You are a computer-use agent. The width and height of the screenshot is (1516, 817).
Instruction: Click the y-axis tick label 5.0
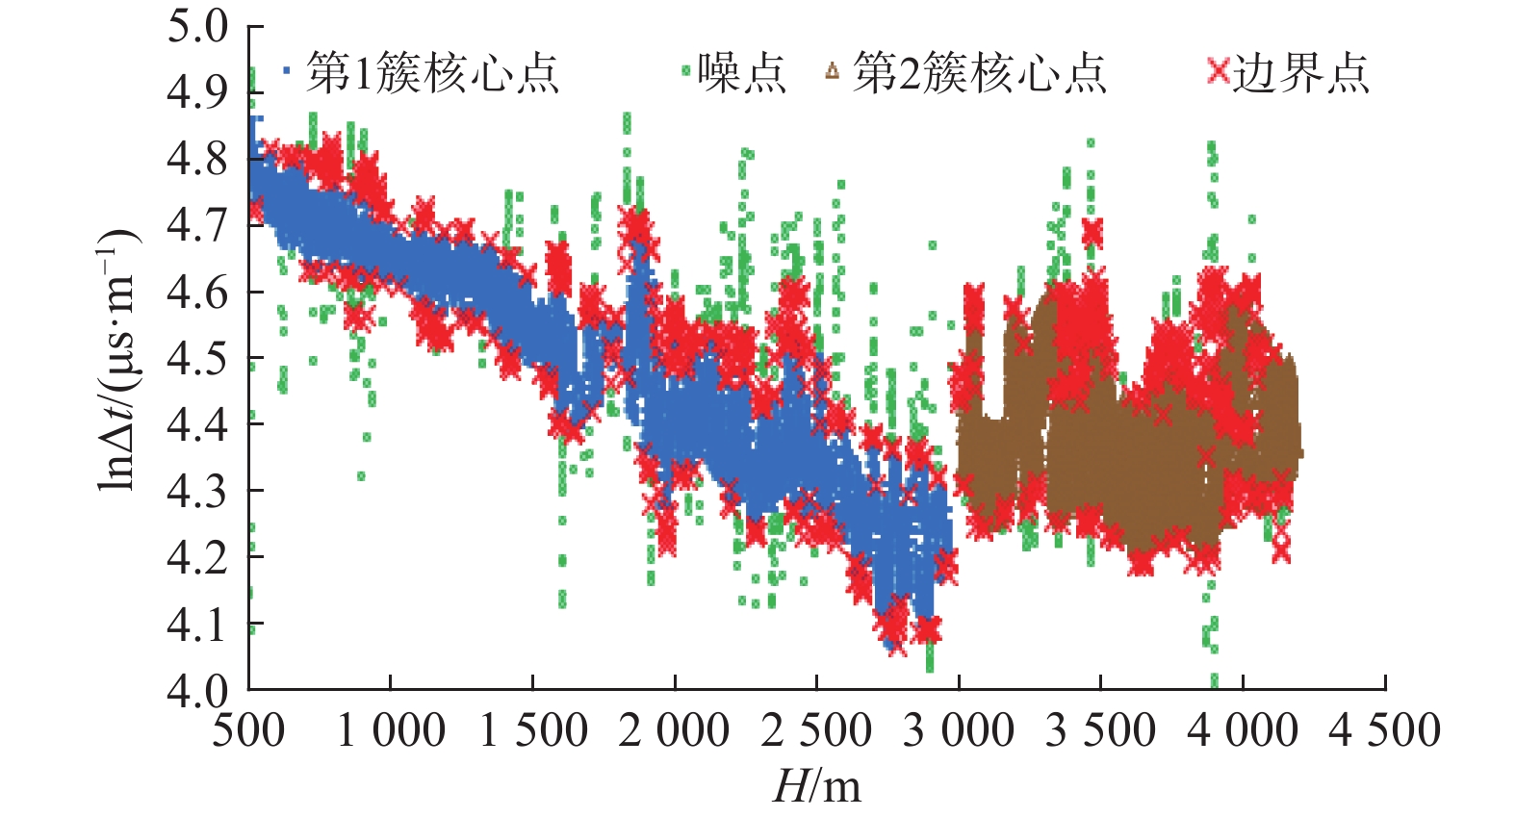pos(197,27)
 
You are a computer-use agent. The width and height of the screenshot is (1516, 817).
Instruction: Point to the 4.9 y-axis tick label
pos(197,93)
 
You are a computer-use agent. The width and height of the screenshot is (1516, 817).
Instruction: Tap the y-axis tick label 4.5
pos(197,358)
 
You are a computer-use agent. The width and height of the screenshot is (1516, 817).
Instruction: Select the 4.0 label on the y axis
pos(197,690)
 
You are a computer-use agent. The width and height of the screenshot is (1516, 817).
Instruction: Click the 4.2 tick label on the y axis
pos(197,557)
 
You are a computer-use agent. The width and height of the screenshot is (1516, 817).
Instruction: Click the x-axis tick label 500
pos(248,731)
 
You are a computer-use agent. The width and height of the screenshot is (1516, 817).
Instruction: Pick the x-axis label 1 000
pos(390,731)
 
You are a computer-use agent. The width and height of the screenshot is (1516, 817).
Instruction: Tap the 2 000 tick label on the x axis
pos(674,731)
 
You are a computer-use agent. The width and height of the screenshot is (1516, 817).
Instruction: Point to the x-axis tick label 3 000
pos(959,731)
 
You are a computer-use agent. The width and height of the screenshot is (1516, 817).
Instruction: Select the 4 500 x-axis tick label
pos(1385,731)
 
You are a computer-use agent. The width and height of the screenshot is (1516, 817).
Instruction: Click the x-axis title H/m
pos(816,786)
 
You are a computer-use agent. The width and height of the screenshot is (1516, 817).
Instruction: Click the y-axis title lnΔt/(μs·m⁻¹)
pos(117,358)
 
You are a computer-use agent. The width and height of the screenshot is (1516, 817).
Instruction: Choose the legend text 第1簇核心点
pos(432,73)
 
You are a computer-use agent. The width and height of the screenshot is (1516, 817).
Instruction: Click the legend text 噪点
pos(742,73)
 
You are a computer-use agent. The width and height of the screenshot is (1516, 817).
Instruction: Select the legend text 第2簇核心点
pos(980,73)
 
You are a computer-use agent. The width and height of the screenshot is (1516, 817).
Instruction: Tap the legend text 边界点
pos(1301,73)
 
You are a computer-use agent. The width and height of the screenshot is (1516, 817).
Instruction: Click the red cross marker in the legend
pos(1219,71)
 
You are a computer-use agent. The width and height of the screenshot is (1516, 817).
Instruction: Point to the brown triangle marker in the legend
pos(833,71)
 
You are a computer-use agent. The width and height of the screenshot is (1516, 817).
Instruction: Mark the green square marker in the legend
pos(686,70)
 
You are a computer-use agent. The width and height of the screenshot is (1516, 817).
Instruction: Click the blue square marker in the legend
pos(287,70)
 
